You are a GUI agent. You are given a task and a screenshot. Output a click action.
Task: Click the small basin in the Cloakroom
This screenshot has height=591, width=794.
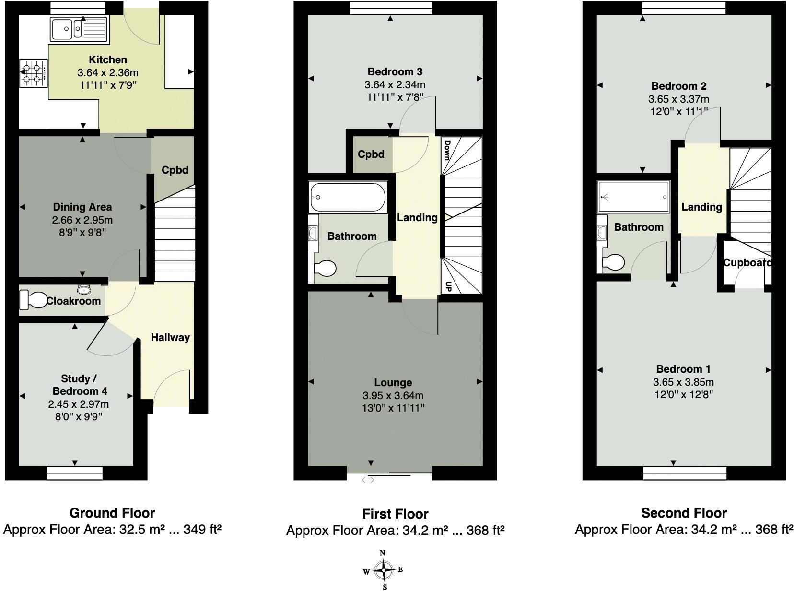click(84, 289)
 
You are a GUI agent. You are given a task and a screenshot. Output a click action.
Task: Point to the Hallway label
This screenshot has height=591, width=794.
click(170, 338)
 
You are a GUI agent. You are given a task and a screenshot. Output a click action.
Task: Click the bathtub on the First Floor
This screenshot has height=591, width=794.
click(348, 197)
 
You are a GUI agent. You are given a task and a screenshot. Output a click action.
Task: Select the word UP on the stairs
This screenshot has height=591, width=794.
click(448, 287)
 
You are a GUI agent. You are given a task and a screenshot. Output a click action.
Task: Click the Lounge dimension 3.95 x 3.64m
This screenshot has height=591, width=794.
click(393, 396)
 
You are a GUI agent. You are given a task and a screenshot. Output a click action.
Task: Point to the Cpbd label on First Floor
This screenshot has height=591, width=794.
click(371, 154)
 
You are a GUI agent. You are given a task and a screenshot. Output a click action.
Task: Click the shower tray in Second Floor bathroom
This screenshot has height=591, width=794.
click(633, 197)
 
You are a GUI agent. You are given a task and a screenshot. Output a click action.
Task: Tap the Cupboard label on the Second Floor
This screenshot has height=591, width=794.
click(747, 263)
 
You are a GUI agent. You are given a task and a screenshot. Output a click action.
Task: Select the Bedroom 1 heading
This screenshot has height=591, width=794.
click(683, 369)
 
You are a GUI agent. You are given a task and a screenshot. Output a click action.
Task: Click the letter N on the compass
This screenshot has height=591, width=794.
click(383, 553)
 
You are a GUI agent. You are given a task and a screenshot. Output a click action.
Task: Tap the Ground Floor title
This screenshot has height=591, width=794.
click(112, 513)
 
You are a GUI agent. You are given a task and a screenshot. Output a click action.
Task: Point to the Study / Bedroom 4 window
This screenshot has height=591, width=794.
click(75, 473)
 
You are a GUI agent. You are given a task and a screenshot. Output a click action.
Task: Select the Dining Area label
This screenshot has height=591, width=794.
click(82, 207)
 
